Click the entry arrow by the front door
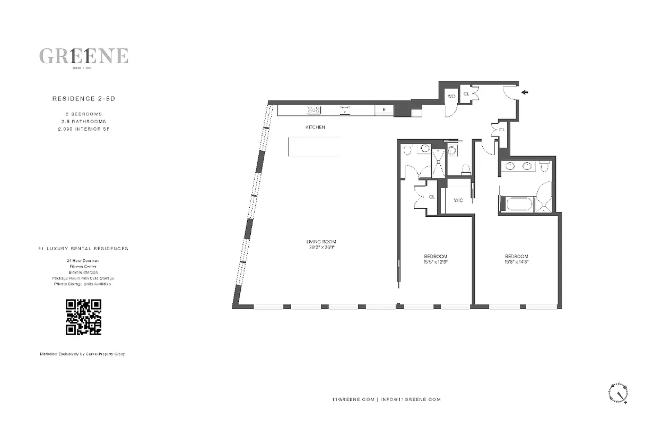click(x=525, y=92)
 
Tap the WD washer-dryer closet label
click(x=451, y=96)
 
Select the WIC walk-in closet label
click(x=458, y=200)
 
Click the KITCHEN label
click(x=315, y=127)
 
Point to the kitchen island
click(x=315, y=147)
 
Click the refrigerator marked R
click(x=384, y=110)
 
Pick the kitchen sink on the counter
click(x=345, y=110)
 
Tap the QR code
click(x=83, y=317)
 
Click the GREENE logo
click(x=83, y=56)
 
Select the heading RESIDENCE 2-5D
click(x=83, y=98)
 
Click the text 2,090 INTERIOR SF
click(x=83, y=129)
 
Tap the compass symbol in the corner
click(x=618, y=394)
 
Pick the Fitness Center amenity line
click(x=83, y=266)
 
